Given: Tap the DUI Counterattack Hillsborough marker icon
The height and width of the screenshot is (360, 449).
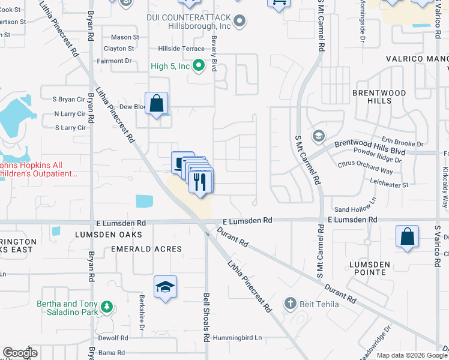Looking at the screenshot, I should click(x=240, y=22).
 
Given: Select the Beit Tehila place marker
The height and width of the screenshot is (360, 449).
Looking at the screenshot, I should click(x=291, y=304).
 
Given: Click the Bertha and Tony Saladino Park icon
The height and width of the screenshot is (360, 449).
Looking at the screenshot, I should click(x=107, y=307).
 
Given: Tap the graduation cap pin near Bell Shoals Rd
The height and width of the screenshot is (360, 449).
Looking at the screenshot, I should click(x=165, y=287).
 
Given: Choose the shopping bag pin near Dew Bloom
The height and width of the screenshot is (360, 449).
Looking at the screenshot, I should click(x=156, y=104).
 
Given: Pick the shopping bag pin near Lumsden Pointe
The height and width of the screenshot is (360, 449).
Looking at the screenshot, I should click(x=407, y=236).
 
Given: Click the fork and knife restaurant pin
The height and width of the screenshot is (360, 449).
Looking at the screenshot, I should click(x=200, y=180).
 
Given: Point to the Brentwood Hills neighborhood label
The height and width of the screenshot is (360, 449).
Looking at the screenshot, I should click(x=379, y=97).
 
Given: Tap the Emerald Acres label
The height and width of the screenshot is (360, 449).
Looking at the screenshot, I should click(x=146, y=248).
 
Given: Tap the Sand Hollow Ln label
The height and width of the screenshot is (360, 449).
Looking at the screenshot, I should click(x=355, y=209).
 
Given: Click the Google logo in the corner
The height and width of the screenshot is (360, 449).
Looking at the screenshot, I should click(x=20, y=353).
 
